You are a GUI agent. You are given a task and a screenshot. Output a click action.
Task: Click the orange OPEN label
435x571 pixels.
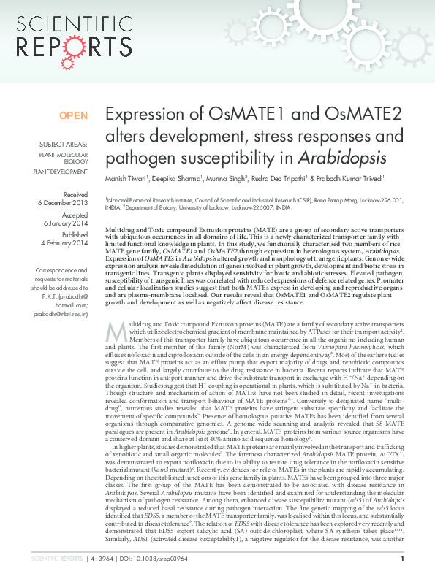[x=72, y=115]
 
